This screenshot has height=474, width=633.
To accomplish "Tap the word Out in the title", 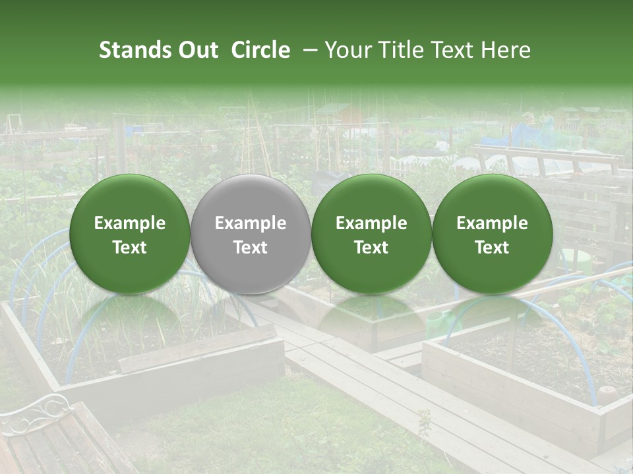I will [197, 50].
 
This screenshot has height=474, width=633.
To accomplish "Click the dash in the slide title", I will [308, 50].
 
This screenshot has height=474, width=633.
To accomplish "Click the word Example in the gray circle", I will [251, 224].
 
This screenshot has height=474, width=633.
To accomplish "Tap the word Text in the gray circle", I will [251, 248].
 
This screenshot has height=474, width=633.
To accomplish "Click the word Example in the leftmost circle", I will [130, 224].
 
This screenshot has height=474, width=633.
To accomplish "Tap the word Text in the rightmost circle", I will [493, 248].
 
